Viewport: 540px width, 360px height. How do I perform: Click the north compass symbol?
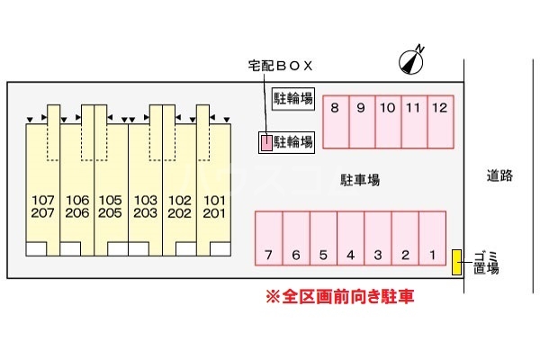(411, 60)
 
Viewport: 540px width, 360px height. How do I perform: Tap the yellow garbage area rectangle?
(457, 263)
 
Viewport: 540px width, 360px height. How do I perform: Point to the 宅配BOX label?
(279, 66)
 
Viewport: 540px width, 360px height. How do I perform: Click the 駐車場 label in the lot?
(360, 180)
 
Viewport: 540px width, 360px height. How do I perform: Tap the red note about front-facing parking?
(339, 296)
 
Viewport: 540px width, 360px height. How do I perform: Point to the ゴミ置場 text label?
(486, 262)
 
